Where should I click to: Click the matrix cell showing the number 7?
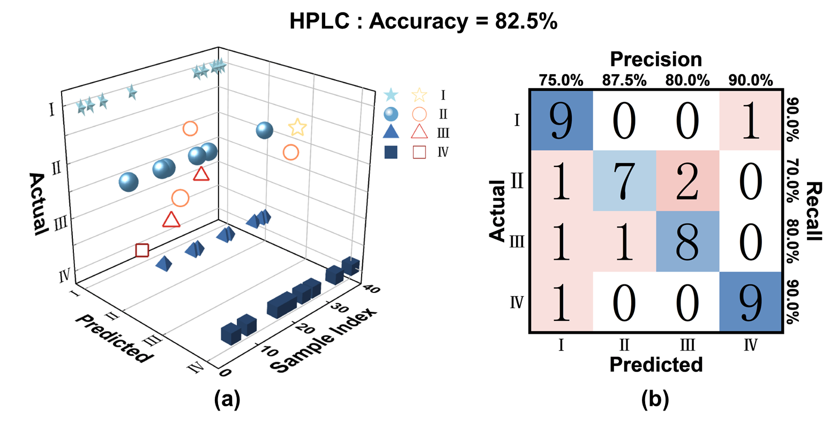point(624,181)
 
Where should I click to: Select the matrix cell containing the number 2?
point(687,181)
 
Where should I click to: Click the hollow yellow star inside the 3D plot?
point(297,128)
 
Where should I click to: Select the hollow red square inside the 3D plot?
point(141,250)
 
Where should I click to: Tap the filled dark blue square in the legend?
point(391,152)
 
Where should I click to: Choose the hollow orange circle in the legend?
point(419,114)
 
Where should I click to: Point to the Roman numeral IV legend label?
point(443,152)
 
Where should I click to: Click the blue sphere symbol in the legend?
point(391,114)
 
